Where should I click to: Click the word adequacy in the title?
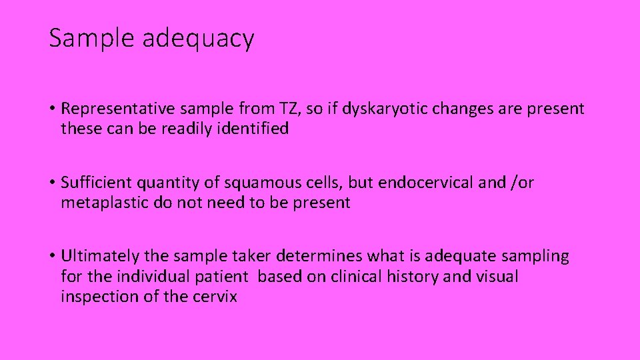pyautogui.click(x=198, y=39)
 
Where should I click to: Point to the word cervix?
pyautogui.click(x=215, y=296)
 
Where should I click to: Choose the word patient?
pyautogui.click(x=224, y=276)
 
